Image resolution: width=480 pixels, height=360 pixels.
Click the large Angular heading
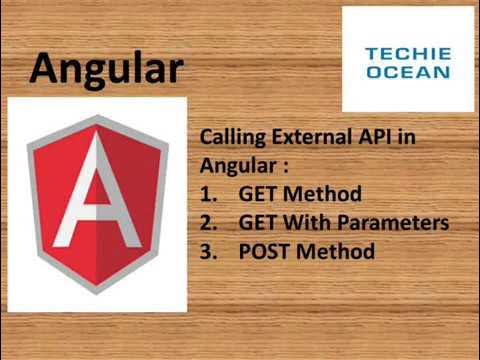106,68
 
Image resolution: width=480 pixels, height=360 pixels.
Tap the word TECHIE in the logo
407,54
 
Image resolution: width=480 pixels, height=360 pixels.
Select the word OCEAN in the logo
407,72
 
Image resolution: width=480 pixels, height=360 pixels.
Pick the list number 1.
208,194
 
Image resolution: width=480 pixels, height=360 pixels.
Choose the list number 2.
208,222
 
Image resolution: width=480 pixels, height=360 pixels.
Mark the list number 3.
208,250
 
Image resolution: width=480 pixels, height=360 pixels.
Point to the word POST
264,250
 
